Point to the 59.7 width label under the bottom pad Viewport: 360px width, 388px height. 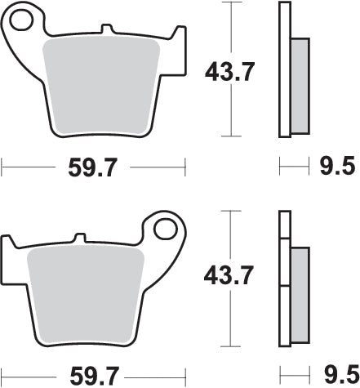point(96,377)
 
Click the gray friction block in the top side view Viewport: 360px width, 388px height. point(300,87)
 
